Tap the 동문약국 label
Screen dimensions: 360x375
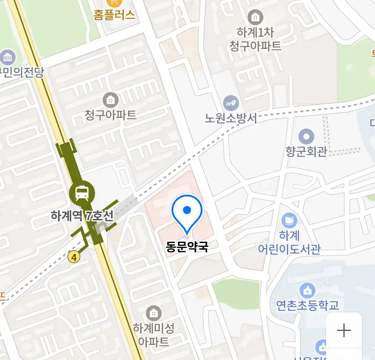[187, 247]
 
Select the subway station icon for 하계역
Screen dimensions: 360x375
[82, 193]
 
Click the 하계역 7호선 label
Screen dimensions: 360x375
[82, 216]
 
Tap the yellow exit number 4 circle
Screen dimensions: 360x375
[74, 257]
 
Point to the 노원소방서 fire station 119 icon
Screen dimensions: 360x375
[231, 103]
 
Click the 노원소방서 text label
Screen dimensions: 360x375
[231, 118]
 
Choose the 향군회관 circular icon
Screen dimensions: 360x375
[306, 136]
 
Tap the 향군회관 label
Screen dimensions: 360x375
[306, 151]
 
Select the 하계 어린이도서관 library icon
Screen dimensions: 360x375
[289, 220]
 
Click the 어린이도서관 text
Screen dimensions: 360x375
[289, 249]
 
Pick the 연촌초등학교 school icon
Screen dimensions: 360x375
[307, 291]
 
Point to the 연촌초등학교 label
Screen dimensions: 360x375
[307, 305]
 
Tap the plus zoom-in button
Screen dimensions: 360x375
[344, 330]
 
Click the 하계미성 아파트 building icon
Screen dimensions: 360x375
[154, 313]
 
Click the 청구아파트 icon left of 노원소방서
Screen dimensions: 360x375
[110, 100]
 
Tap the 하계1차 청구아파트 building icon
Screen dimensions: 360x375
[255, 17]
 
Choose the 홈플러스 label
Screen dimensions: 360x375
[114, 15]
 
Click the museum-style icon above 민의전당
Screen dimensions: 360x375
[8, 58]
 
